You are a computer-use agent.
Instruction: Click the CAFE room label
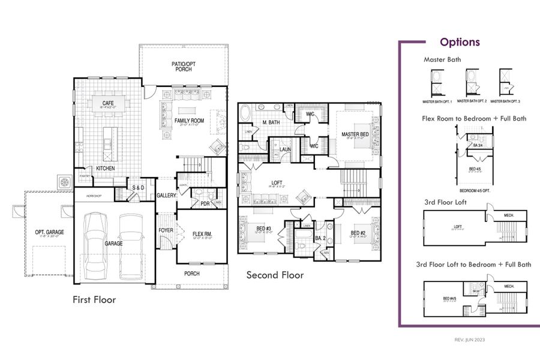click(x=108, y=103)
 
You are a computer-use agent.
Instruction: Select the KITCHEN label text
click(x=105, y=169)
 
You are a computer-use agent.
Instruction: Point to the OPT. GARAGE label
click(x=49, y=232)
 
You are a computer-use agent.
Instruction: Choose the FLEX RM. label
click(x=202, y=234)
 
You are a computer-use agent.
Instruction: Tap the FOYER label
click(x=166, y=230)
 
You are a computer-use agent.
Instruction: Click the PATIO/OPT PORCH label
click(x=184, y=66)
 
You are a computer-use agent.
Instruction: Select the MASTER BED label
click(x=354, y=134)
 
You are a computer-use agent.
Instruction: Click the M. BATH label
click(x=271, y=123)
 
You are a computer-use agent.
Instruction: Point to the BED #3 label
click(x=263, y=229)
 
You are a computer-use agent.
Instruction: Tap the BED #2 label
click(x=359, y=233)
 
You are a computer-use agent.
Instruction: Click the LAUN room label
click(x=286, y=149)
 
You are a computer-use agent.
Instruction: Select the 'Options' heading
click(x=460, y=42)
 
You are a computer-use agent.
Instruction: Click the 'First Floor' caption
click(x=94, y=299)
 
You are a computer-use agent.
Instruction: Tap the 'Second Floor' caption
click(x=275, y=275)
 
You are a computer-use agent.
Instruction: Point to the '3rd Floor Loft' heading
click(x=445, y=202)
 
